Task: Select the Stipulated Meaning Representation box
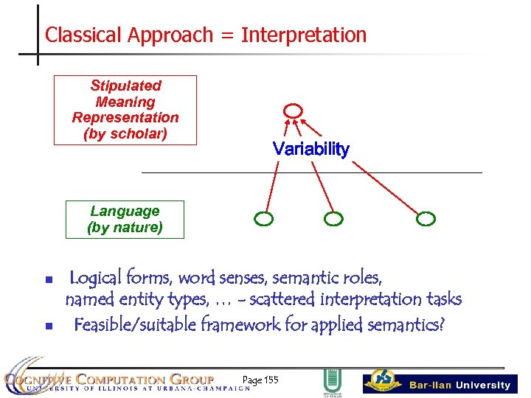(125, 110)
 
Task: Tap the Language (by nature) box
(125, 220)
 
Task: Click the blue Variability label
(310, 149)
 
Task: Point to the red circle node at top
(293, 111)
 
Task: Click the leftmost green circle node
(263, 218)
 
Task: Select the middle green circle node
(333, 218)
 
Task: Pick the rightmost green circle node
(426, 218)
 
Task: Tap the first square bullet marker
(48, 280)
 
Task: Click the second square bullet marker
(48, 325)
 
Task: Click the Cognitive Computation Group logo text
(118, 380)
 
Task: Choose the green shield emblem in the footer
(331, 381)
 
